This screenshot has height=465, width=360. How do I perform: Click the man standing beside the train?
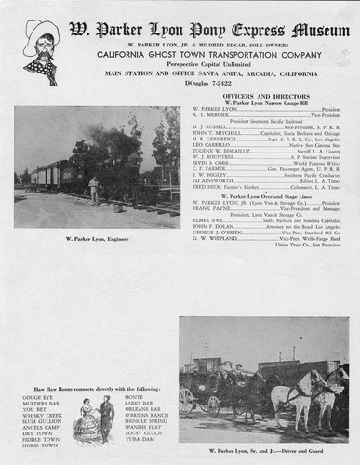click(x=93, y=190)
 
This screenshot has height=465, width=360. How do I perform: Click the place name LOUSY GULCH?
click(x=143, y=432)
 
